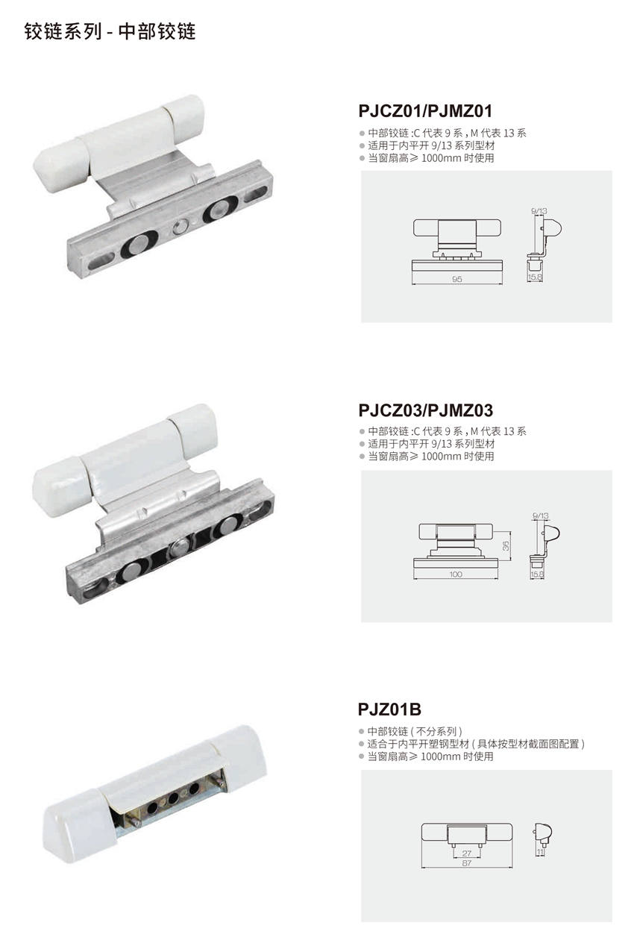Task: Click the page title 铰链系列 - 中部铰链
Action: click(x=110, y=32)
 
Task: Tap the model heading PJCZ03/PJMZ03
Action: click(x=425, y=410)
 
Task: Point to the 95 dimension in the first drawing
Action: click(x=457, y=278)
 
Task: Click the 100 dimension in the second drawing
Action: click(x=456, y=574)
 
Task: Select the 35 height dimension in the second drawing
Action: click(x=506, y=546)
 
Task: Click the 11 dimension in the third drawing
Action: click(x=539, y=850)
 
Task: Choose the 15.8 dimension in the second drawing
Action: click(x=536, y=575)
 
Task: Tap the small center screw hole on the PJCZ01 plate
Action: click(x=178, y=227)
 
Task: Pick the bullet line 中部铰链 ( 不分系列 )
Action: click(x=415, y=731)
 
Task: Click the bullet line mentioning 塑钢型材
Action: click(x=476, y=744)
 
